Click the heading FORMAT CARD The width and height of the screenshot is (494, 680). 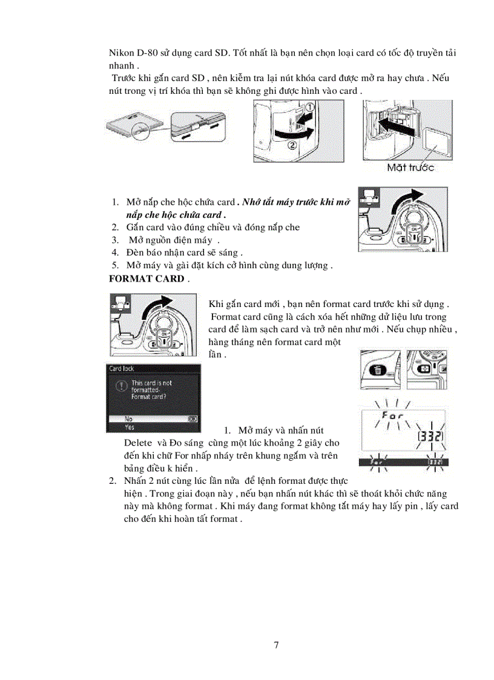point(146,279)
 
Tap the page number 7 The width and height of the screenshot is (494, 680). point(277,645)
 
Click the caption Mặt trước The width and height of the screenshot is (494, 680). point(410,167)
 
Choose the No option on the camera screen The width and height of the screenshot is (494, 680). point(129,418)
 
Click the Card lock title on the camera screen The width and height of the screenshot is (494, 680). point(121,368)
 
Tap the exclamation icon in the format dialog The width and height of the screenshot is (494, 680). point(121,385)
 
